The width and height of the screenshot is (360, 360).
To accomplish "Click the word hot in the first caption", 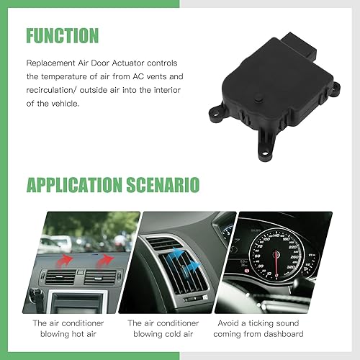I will pos(69,334).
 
